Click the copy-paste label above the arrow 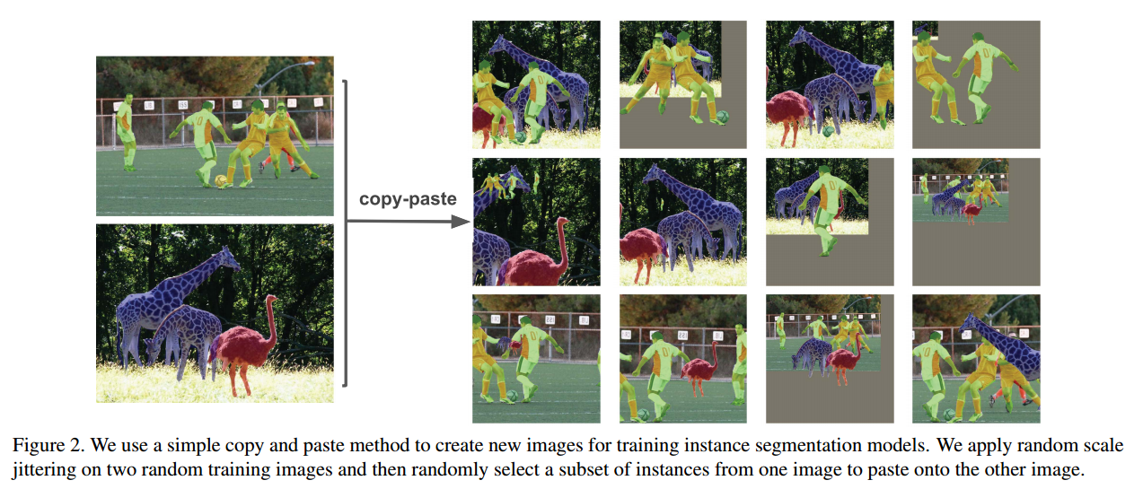407,199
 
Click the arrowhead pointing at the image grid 464,222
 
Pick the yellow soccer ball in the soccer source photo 221,180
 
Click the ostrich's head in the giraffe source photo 270,299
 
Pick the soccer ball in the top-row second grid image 722,117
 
